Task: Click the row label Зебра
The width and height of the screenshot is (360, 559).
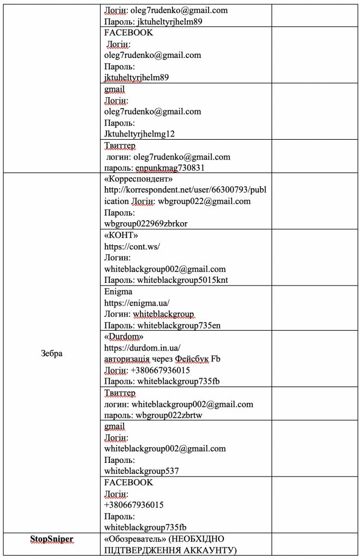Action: [x=51, y=353]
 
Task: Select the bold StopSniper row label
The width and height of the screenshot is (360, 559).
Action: [x=51, y=539]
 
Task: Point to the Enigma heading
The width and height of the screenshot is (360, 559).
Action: [x=117, y=292]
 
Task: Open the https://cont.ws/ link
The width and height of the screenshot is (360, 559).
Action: [x=132, y=246]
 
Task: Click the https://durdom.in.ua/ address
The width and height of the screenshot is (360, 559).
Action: [x=142, y=348]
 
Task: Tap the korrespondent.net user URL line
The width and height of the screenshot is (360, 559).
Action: [x=185, y=190]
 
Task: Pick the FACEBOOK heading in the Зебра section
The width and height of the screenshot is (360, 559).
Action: [x=128, y=483]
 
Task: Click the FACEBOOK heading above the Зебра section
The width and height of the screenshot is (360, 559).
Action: [x=128, y=33]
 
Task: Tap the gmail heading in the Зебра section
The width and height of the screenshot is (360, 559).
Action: [x=114, y=426]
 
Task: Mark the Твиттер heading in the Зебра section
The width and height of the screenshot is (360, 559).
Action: [x=120, y=393]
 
